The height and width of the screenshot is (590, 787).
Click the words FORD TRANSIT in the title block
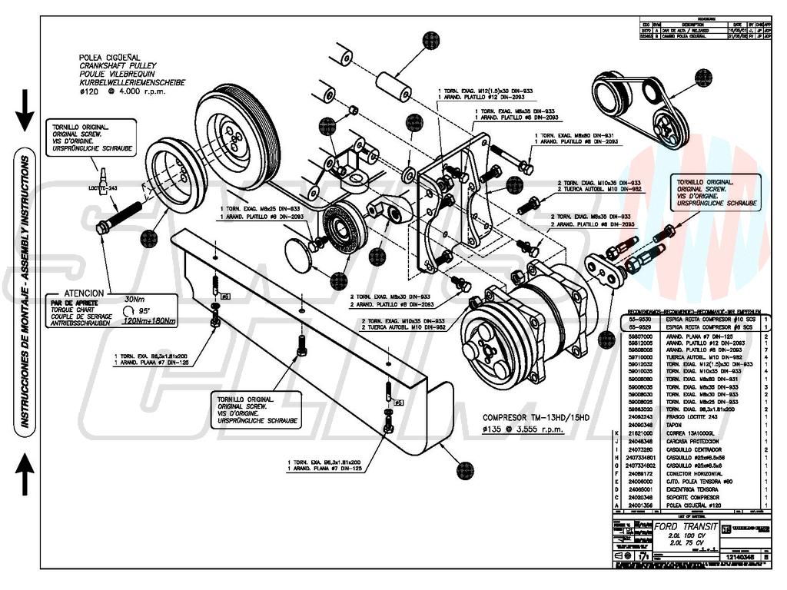click(686, 527)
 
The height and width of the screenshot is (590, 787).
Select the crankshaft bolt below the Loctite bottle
click(119, 216)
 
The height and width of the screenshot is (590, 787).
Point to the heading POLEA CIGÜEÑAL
click(110, 58)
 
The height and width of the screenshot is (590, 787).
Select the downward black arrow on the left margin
click(25, 110)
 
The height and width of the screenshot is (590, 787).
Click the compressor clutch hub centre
click(489, 350)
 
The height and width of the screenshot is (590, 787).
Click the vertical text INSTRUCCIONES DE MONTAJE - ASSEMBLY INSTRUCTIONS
click(25, 292)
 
